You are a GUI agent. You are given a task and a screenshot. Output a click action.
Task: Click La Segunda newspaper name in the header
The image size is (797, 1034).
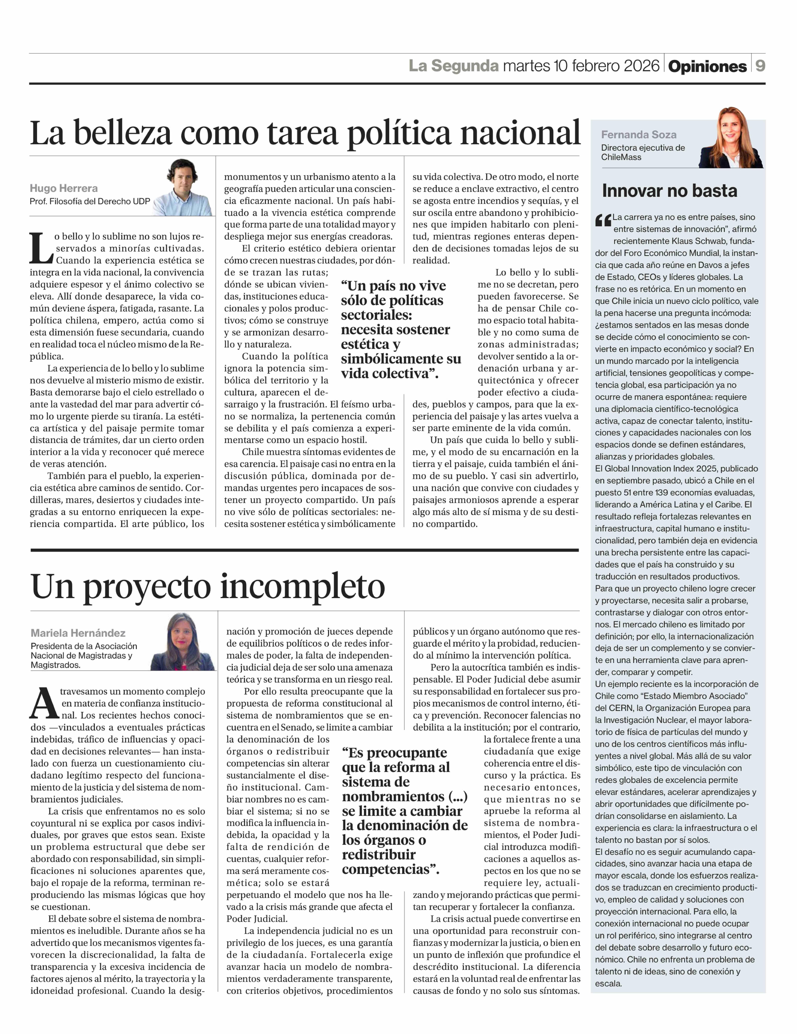click(x=453, y=66)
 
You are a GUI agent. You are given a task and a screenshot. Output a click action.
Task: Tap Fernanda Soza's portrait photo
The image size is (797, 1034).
click(x=731, y=138)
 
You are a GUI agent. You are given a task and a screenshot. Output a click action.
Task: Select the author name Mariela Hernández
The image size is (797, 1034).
click(x=78, y=633)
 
